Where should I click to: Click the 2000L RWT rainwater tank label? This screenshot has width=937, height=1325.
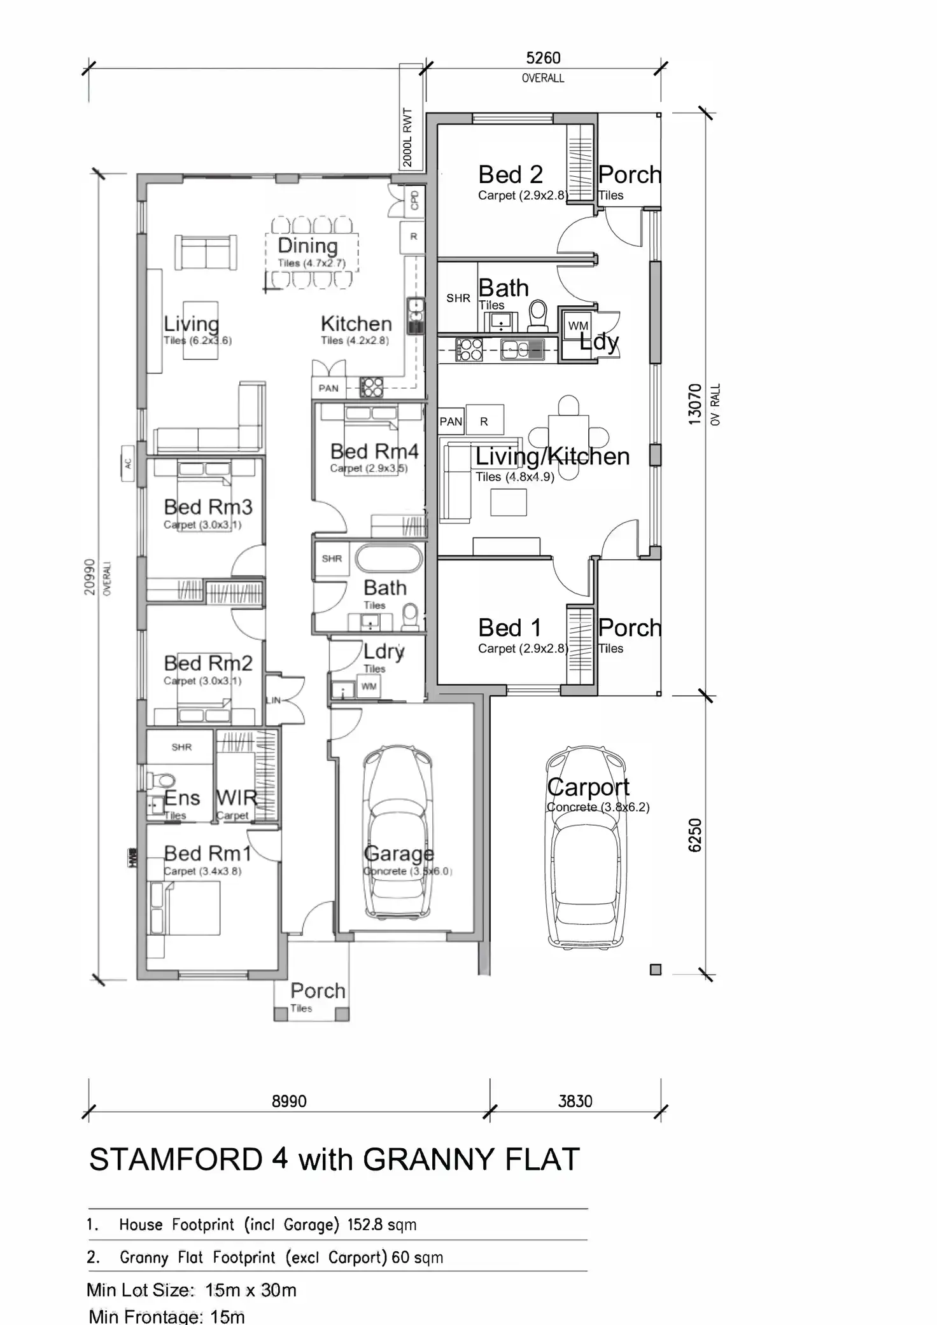pyautogui.click(x=408, y=137)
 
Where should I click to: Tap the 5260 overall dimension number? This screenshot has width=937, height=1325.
pyautogui.click(x=543, y=58)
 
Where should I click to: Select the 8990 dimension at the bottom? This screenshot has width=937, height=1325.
pyautogui.click(x=289, y=1101)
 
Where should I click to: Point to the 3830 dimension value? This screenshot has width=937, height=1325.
pyautogui.click(x=575, y=1101)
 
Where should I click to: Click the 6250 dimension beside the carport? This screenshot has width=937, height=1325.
pyautogui.click(x=695, y=835)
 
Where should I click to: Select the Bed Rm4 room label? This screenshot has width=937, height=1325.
pyautogui.click(x=374, y=452)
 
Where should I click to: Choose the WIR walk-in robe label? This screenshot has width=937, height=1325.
pyautogui.click(x=236, y=798)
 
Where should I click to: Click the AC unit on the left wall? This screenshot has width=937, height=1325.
pyautogui.click(x=128, y=463)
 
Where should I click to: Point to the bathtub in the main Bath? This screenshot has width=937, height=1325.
pyautogui.click(x=388, y=559)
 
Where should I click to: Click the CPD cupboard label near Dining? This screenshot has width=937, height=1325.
pyautogui.click(x=415, y=200)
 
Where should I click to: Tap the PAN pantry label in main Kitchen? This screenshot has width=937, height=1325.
pyautogui.click(x=328, y=388)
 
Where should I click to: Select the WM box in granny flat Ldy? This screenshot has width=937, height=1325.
pyautogui.click(x=578, y=326)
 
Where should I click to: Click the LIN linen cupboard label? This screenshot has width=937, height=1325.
pyautogui.click(x=272, y=700)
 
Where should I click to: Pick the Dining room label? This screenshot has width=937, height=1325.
pyautogui.click(x=307, y=246)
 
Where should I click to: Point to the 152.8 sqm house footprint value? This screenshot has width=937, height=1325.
pyautogui.click(x=381, y=1224)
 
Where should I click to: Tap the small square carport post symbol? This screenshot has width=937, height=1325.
pyautogui.click(x=656, y=969)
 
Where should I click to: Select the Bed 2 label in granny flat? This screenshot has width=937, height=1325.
pyautogui.click(x=510, y=174)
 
